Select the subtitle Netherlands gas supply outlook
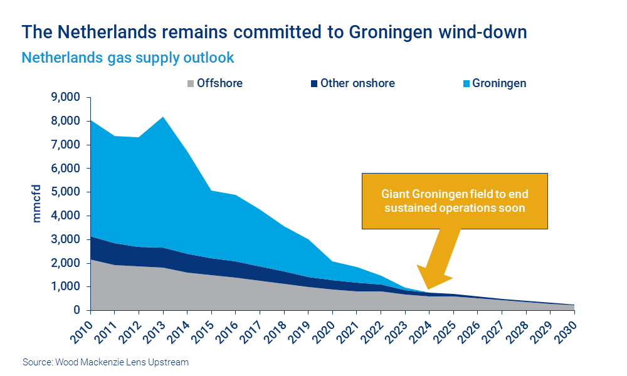tap(128, 58)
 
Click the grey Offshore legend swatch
tap(191, 83)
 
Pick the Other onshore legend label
tap(357, 83)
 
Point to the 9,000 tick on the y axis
tap(66, 98)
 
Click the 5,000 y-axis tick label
tap(66, 192)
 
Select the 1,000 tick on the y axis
tap(66, 287)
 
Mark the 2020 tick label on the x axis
tap(324, 329)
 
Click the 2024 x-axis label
tap(420, 329)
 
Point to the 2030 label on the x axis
tap(565, 329)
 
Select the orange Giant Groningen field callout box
tap(454, 201)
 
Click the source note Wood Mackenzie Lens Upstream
tap(105, 362)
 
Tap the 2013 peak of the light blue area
tap(164, 117)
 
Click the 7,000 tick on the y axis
tap(66, 145)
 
